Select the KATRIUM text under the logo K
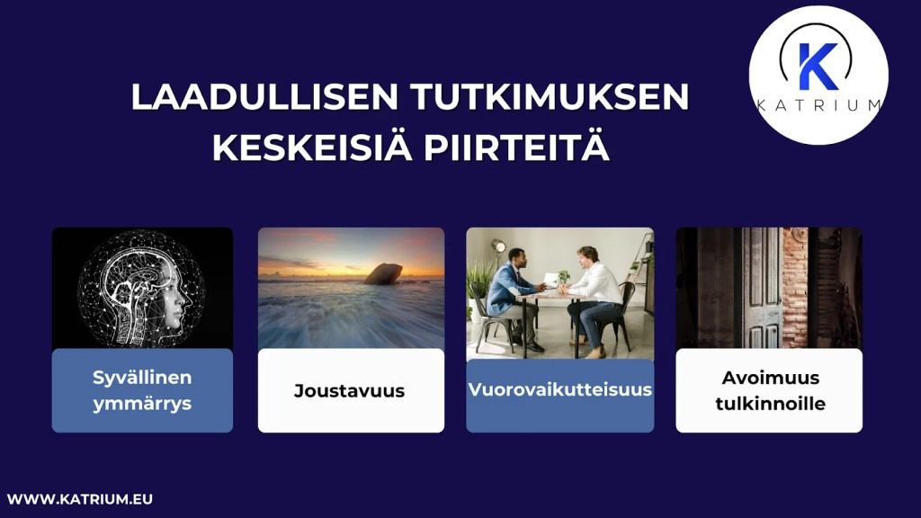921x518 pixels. point(818,105)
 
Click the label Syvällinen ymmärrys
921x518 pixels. point(142,390)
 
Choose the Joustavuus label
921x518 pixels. point(349,391)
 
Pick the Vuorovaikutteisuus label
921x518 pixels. point(559,390)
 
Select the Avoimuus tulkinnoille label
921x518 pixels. point(770,390)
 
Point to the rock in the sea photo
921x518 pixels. point(383,272)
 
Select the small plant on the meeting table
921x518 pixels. point(563,278)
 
